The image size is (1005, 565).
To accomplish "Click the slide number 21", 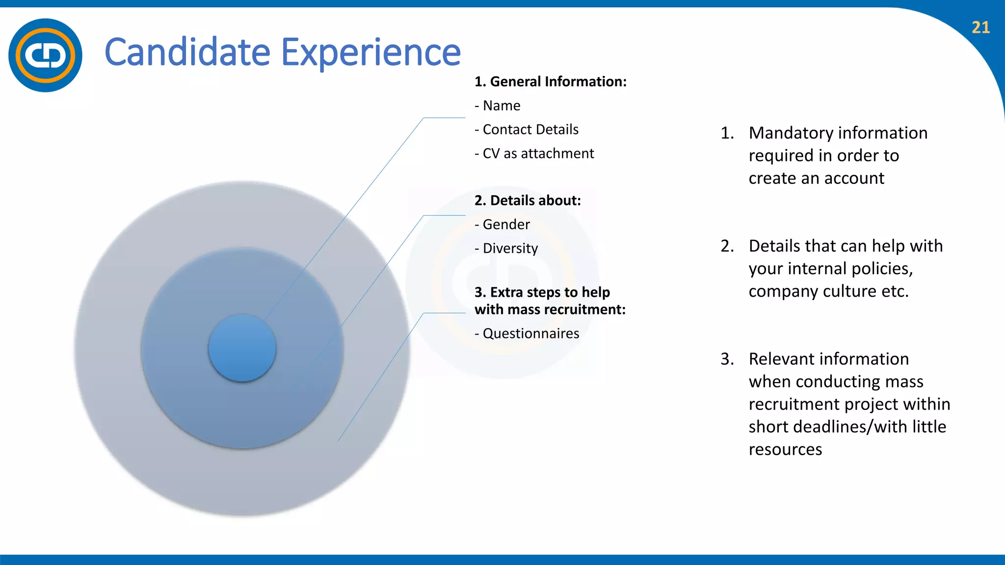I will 980,27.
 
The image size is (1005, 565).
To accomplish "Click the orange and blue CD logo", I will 45,55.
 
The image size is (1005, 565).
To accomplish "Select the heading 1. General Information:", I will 550,81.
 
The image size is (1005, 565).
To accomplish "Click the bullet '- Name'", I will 498,105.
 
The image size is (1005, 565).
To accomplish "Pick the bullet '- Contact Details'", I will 527,129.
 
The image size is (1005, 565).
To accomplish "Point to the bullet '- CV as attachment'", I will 534,154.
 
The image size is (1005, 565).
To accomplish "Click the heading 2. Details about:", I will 528,200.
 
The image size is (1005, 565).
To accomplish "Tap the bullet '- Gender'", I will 502,224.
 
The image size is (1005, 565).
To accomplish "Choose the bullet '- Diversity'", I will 506,248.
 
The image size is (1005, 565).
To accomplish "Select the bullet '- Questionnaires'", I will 527,334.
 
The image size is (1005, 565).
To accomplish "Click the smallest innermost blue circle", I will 242,348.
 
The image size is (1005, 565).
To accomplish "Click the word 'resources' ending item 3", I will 785,449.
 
